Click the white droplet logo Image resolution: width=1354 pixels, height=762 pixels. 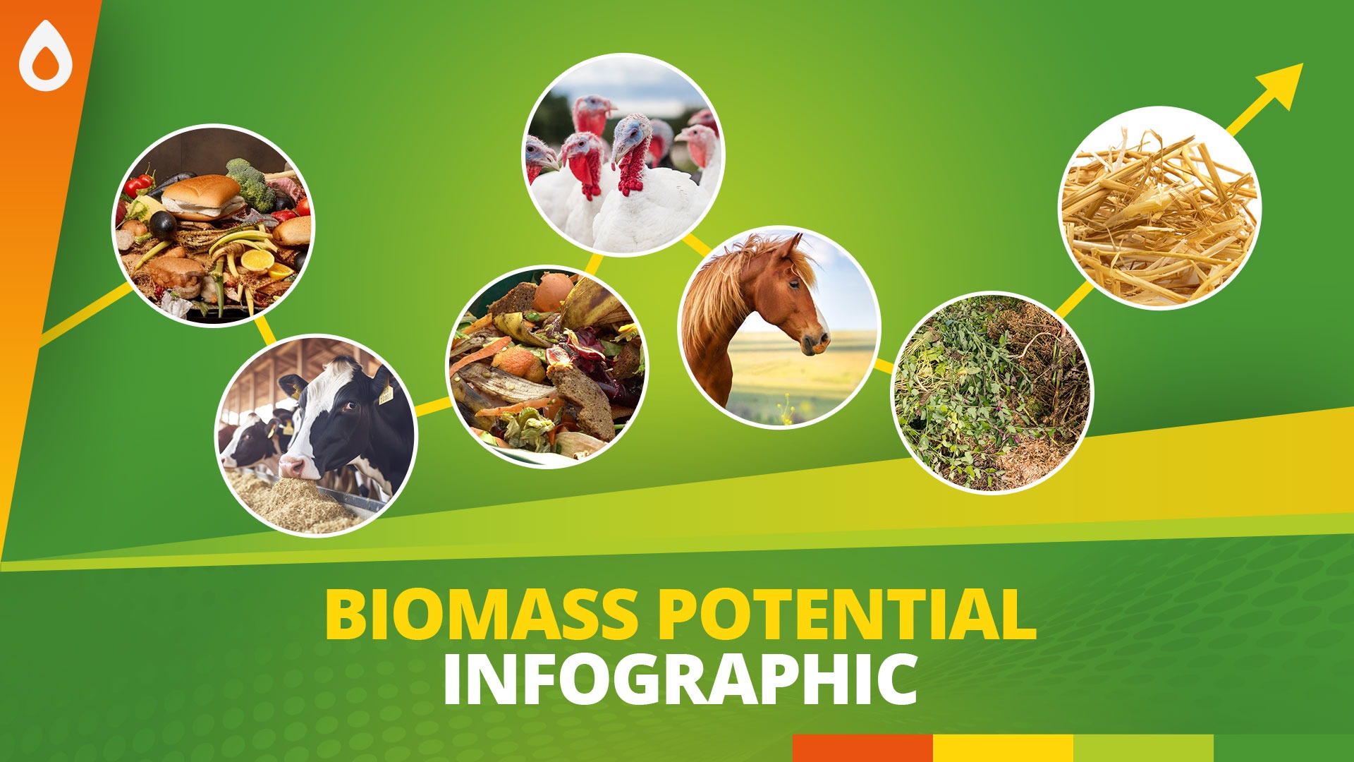click(46, 56)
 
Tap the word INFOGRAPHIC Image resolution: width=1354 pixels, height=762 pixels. click(681, 679)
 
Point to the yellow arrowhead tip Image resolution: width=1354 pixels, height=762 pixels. click(1302, 64)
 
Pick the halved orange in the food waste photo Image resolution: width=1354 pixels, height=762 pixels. click(257, 260)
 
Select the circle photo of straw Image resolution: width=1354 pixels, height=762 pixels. click(1160, 208)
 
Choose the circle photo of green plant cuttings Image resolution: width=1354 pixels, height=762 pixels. click(993, 392)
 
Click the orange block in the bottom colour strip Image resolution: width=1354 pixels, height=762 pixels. click(862, 748)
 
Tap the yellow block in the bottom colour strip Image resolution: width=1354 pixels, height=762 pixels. click(1003, 748)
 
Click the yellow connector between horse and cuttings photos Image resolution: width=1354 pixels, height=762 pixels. click(884, 366)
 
